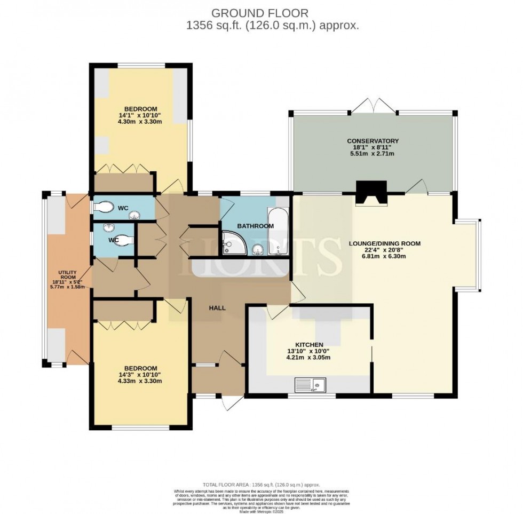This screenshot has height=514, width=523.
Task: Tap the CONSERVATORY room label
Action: point(373,141)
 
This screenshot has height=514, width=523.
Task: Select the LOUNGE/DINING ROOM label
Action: point(384,243)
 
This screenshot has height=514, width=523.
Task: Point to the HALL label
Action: point(217,308)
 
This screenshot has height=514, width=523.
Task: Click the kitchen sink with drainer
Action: point(311,383)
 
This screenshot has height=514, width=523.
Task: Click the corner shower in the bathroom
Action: point(233,243)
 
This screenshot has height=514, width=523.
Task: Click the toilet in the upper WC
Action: point(102,207)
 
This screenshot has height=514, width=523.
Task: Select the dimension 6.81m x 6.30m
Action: point(384,256)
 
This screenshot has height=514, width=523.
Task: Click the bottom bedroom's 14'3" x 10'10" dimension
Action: point(141,374)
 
